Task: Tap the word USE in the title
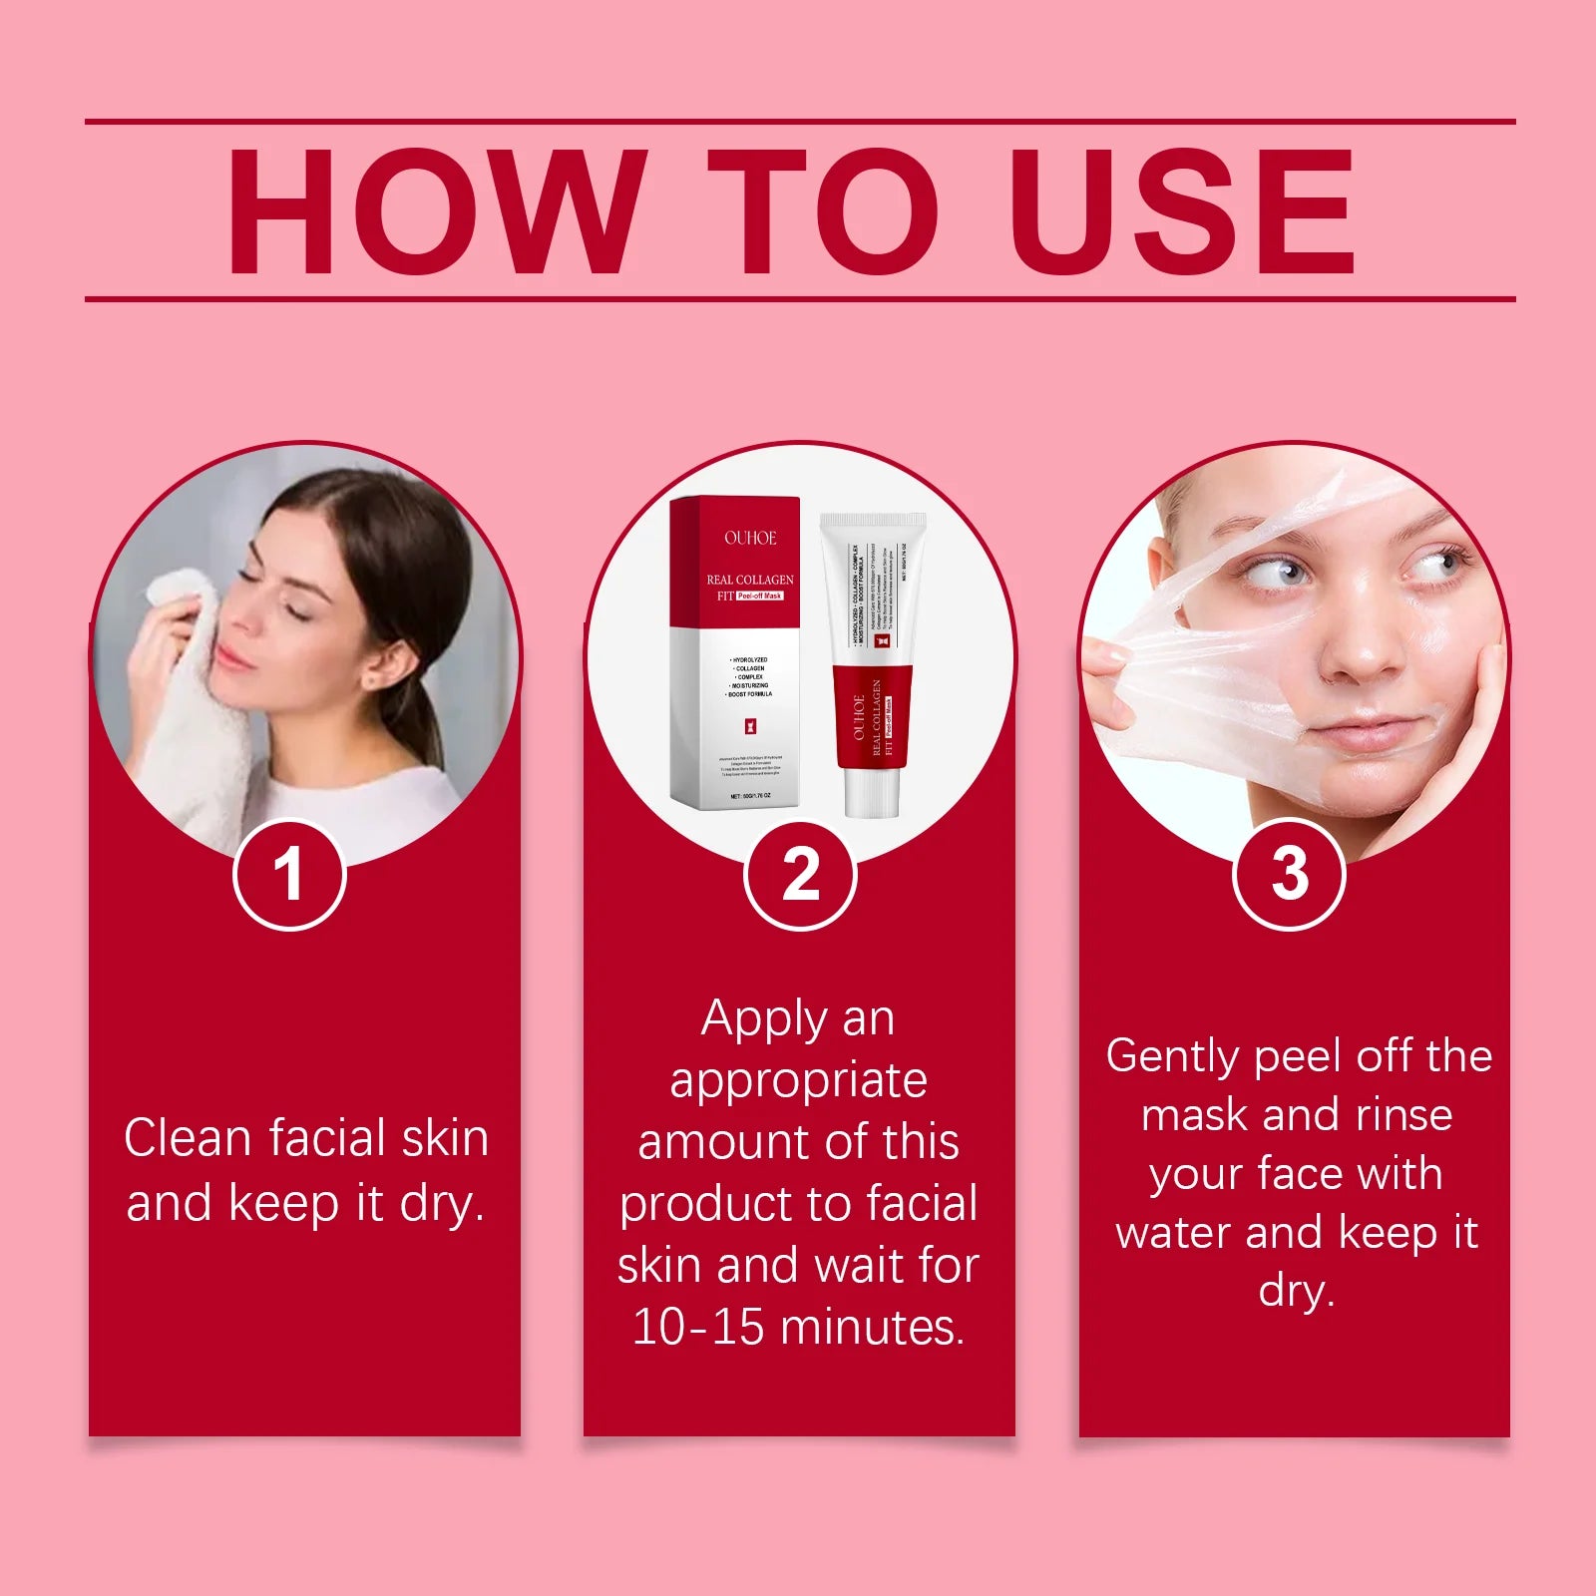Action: click(1183, 211)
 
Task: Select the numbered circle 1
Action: click(289, 875)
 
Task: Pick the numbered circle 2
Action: click(800, 875)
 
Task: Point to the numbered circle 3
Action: click(1290, 875)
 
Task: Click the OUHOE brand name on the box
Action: click(750, 539)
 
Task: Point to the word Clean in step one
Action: click(189, 1138)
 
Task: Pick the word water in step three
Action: click(1173, 1233)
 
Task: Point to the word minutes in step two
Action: click(872, 1328)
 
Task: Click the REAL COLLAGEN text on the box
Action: click(750, 580)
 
